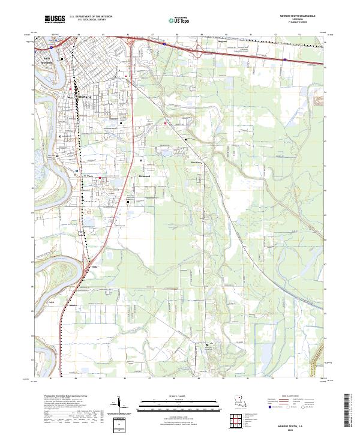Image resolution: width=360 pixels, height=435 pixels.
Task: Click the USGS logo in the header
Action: (55, 20)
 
